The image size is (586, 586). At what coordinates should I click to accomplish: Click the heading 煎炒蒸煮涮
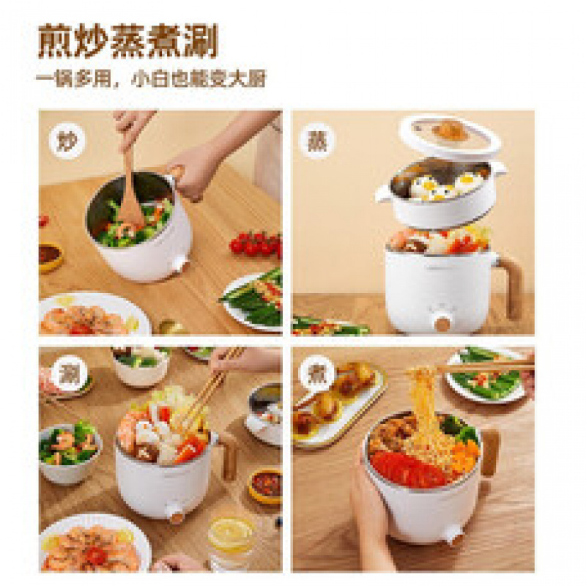pos(127,42)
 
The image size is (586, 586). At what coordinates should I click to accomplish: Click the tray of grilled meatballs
pos(337,403)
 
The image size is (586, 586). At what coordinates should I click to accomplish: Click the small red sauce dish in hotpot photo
pos(265,485)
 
